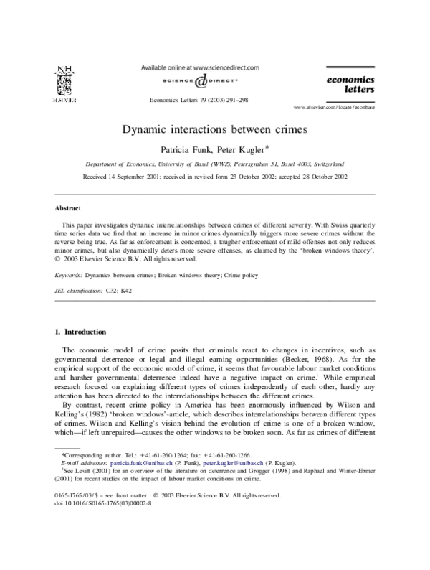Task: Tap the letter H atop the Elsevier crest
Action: point(69,70)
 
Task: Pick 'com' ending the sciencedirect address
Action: point(252,67)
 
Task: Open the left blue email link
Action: point(142,464)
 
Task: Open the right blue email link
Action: point(233,464)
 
